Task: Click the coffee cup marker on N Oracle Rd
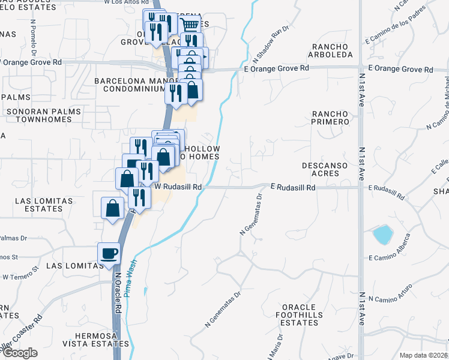[x=109, y=254]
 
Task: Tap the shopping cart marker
[x=190, y=25]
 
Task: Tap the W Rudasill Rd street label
[x=178, y=187]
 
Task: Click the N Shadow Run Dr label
[x=271, y=44]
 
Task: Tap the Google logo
[x=20, y=353]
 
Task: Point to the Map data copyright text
[x=424, y=355]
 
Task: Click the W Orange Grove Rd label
[x=31, y=62]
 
